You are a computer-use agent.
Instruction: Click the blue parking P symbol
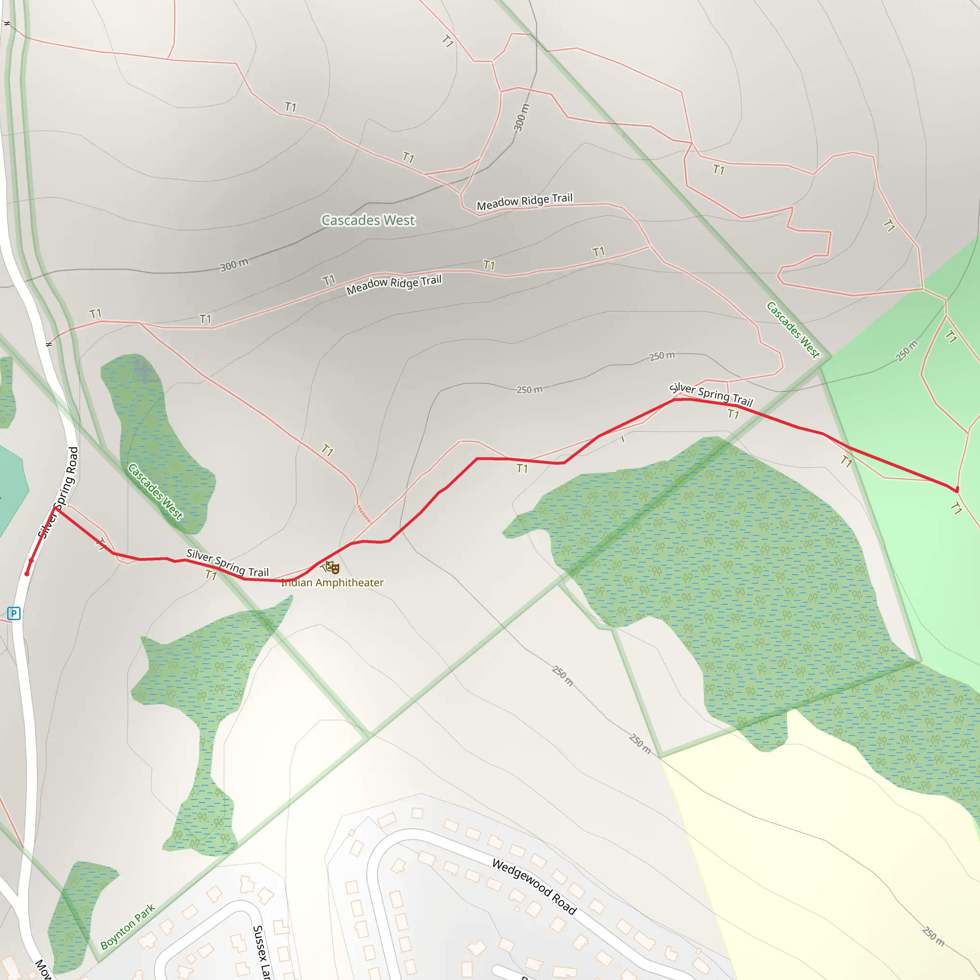pos(14,614)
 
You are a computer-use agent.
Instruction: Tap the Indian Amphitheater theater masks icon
pos(333,568)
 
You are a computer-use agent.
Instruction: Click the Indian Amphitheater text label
pos(332,583)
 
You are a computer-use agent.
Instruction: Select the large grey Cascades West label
pos(368,220)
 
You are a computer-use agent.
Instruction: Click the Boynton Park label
pos(127,927)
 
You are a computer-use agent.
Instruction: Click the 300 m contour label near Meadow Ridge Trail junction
pos(522,117)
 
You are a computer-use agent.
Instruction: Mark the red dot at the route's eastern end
pos(957,490)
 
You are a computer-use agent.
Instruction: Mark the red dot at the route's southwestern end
pos(27,574)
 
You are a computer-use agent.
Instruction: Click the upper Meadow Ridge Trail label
pos(524,201)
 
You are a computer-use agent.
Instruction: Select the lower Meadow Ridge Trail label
pos(394,285)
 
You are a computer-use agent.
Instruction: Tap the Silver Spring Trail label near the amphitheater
pos(227,563)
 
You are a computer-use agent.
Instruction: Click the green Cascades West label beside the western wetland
pos(155,491)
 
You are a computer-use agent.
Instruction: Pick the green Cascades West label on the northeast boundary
pos(793,330)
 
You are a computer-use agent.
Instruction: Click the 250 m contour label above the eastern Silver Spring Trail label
pos(662,356)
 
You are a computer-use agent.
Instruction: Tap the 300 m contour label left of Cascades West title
pos(234,264)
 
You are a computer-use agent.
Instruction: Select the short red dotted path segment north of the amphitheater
pos(364,513)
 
